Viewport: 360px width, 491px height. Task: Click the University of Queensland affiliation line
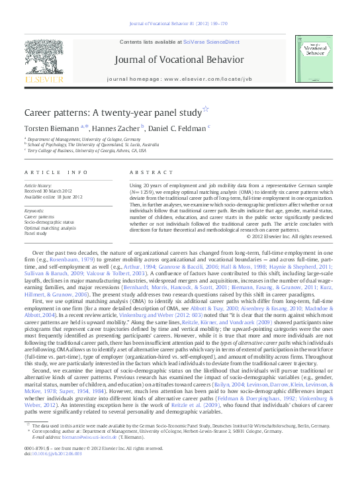93,145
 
